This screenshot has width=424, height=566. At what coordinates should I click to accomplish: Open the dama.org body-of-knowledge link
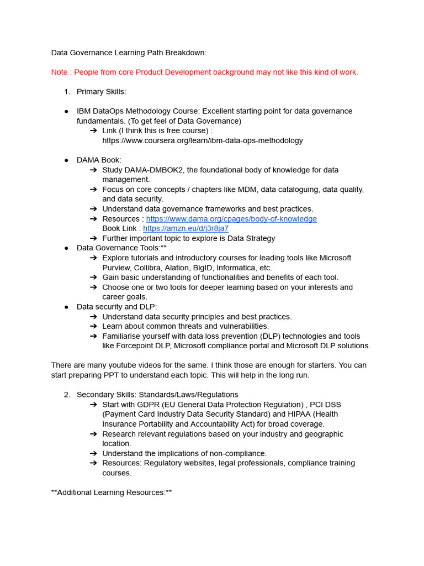tap(231, 219)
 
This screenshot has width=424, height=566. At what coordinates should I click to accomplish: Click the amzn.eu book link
tap(185, 228)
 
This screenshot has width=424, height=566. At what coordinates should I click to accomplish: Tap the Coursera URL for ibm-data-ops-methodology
tap(203, 140)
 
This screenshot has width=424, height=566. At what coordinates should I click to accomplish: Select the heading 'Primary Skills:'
tap(102, 92)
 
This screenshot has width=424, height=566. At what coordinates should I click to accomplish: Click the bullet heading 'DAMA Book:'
tap(99, 160)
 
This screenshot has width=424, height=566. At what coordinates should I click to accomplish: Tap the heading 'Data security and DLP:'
tap(116, 307)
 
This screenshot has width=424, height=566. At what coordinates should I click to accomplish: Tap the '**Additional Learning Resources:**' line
tap(112, 492)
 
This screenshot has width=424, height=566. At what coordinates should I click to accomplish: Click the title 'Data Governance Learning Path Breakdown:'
tap(129, 53)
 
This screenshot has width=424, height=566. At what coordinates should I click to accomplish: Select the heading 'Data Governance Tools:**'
tap(121, 248)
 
